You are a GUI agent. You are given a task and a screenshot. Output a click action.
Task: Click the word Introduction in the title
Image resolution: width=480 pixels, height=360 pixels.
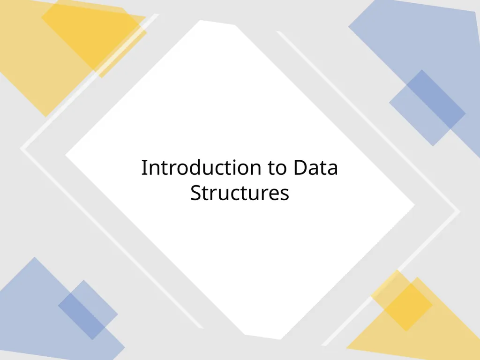pyautogui.click(x=201, y=168)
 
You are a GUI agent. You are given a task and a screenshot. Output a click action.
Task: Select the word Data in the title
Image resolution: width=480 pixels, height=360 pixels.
pyautogui.click(x=315, y=168)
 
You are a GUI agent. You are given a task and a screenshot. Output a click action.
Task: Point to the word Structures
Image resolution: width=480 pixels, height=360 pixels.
pyautogui.click(x=240, y=193)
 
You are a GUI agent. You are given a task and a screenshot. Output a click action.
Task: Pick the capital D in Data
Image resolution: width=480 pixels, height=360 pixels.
pyautogui.click(x=300, y=168)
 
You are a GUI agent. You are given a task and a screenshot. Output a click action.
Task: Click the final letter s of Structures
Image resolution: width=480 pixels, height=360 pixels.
pyautogui.click(x=285, y=195)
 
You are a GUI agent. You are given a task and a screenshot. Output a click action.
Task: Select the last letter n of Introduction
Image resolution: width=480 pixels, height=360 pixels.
pyautogui.click(x=255, y=170)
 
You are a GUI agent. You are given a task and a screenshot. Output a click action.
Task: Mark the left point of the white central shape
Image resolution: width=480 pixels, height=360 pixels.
pyautogui.click(x=66, y=155)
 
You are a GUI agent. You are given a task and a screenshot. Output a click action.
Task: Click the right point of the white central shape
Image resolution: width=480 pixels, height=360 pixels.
pyautogui.click(x=414, y=205)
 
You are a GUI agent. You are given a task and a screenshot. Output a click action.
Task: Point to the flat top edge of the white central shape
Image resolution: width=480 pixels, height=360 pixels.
pyautogui.click(x=217, y=22)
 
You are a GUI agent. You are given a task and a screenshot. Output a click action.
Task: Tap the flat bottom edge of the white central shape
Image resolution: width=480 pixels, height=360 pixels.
pyautogui.click(x=262, y=337)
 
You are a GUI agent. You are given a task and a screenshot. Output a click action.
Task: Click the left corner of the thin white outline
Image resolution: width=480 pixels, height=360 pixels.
pyautogui.click(x=21, y=149)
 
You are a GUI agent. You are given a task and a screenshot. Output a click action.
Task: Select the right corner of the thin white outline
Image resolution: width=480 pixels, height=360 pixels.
pyautogui.click(x=459, y=210)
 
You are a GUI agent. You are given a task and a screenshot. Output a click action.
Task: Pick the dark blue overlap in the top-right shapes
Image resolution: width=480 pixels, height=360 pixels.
pyautogui.click(x=436, y=99)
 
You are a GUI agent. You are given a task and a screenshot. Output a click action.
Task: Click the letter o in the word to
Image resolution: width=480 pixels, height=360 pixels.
pyautogui.click(x=282, y=170)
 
